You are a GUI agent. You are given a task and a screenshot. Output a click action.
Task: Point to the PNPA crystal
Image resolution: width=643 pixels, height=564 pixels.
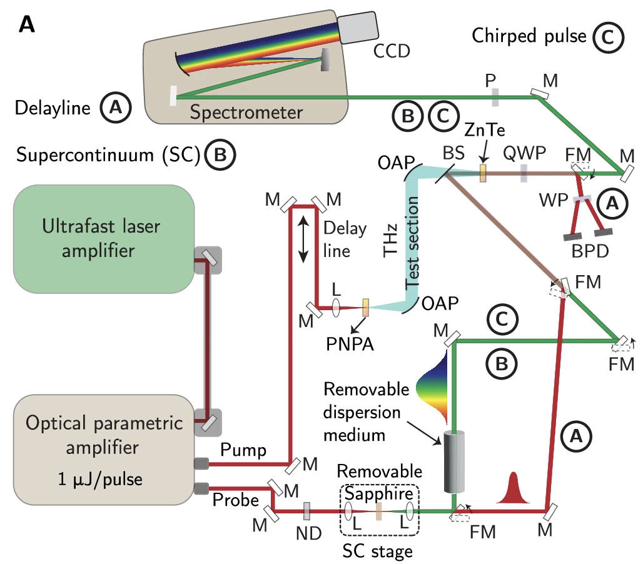[366, 308]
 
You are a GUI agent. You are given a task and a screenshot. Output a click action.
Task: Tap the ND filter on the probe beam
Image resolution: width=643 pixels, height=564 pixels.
[306, 512]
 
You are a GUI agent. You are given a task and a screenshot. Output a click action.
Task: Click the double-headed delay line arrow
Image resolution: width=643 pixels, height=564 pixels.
[303, 238]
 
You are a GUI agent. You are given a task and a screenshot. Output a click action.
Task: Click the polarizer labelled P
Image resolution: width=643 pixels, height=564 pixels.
[494, 96]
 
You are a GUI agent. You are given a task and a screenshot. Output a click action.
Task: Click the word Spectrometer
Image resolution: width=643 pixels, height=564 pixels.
[246, 113]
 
